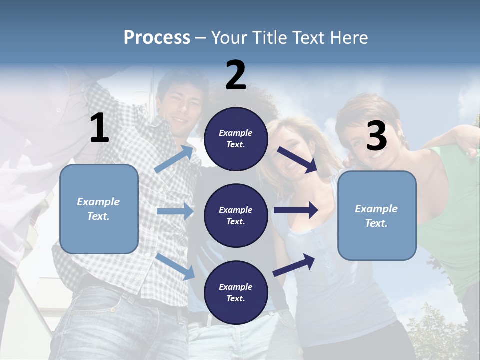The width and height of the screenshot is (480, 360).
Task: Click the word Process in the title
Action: click(157, 37)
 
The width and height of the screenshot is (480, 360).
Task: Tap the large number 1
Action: click(99, 128)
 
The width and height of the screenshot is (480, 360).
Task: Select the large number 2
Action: click(235, 75)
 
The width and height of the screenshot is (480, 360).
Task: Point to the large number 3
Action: click(376, 136)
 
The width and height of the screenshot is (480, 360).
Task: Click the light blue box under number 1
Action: click(99, 209)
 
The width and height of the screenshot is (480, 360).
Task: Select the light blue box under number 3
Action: click(377, 215)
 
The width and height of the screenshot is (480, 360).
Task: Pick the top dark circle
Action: click(236, 139)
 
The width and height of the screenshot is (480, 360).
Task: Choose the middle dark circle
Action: click(236, 215)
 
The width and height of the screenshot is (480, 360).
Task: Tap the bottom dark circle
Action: click(236, 292)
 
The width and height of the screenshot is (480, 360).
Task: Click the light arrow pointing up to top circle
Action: click(174, 159)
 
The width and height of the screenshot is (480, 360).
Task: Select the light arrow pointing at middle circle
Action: click(175, 211)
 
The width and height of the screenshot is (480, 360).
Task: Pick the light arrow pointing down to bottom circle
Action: click(175, 266)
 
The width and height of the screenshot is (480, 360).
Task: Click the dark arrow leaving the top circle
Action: click(297, 160)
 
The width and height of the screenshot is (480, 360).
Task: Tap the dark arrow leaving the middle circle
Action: click(296, 210)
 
